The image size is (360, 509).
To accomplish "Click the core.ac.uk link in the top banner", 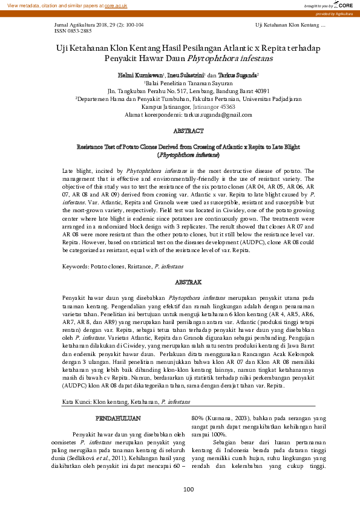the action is tap(116, 5).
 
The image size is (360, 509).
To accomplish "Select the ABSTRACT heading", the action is tap(188, 131).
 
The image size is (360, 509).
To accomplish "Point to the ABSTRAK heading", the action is tap(188, 282).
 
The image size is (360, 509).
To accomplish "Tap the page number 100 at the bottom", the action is tap(188, 489).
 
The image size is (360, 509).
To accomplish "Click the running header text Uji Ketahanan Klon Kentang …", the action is tap(290, 24).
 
